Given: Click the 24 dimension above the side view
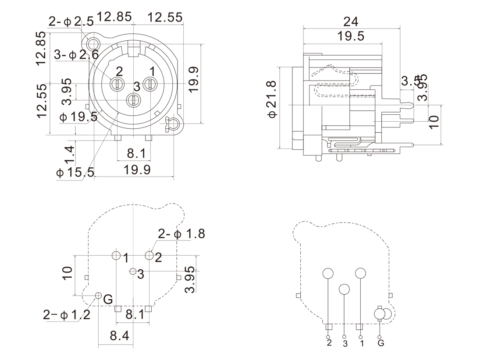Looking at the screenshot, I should point(351,21).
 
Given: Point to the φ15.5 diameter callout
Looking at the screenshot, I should point(75,172).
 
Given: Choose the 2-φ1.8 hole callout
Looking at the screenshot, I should point(181,234).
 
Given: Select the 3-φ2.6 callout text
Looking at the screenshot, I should point(76,55).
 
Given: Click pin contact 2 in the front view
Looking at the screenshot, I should point(117,83).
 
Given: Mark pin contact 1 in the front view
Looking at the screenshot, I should point(150,83).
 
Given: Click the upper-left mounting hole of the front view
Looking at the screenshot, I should point(93,43).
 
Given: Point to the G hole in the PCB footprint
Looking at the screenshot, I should point(98,296).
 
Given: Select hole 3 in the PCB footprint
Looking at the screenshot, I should point(133,272).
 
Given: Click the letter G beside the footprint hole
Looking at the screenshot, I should point(108,300).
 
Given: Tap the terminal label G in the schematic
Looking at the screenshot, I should point(381,343).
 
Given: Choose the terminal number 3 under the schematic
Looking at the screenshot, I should point(345,344).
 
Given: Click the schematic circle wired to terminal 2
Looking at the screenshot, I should point(328,274).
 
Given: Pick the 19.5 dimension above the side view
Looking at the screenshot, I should point(351,36).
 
